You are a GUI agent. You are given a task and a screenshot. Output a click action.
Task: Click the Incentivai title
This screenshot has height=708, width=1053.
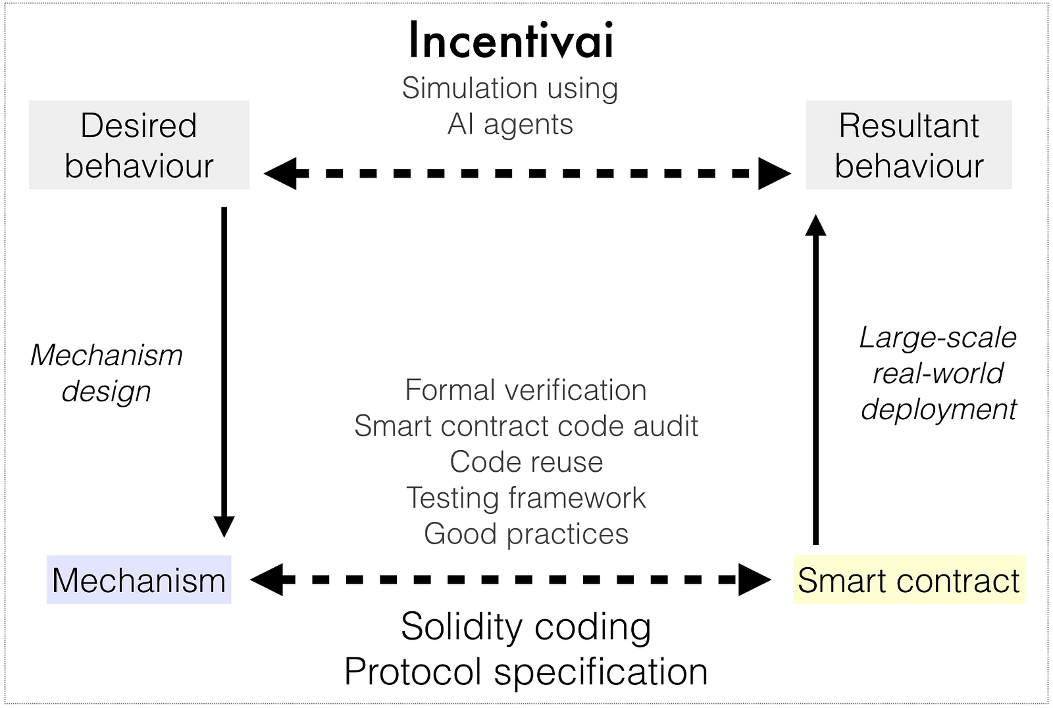point(511,41)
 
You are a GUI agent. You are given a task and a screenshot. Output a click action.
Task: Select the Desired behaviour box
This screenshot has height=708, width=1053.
point(139,145)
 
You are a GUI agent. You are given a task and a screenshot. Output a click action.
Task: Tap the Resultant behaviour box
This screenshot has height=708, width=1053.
point(909,145)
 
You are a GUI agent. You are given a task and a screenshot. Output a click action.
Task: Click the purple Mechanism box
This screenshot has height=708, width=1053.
point(139,580)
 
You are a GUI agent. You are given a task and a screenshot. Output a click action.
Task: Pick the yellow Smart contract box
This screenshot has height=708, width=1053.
point(908,580)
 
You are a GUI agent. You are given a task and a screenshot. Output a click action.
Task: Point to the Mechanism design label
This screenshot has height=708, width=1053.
point(107,373)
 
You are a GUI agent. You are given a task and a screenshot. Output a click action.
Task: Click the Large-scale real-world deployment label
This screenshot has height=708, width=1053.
point(938,373)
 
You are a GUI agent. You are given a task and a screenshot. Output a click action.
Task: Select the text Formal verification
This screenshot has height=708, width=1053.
point(526,390)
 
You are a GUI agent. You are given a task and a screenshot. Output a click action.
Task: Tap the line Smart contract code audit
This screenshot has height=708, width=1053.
point(526,426)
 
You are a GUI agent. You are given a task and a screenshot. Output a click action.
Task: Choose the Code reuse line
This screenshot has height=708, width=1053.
point(526,462)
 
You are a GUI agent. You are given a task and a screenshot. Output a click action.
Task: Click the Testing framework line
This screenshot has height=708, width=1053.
point(526,498)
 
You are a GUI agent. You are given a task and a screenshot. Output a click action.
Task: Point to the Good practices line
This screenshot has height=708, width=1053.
point(526,534)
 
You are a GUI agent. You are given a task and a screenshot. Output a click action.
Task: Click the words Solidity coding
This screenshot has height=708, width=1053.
point(526,626)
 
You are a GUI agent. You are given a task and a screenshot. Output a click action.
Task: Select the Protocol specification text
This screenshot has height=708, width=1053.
point(526,672)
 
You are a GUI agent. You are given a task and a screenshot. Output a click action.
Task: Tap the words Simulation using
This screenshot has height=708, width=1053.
point(510,88)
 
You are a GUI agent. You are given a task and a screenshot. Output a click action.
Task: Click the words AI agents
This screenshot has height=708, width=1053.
point(510,124)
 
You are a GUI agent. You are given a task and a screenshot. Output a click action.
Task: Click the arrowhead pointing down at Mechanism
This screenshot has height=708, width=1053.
point(224,526)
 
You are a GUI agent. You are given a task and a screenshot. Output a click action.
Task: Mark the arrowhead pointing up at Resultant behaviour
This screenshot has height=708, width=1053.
point(816,226)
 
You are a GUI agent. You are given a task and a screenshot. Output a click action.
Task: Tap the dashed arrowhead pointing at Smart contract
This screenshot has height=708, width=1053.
point(755,580)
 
